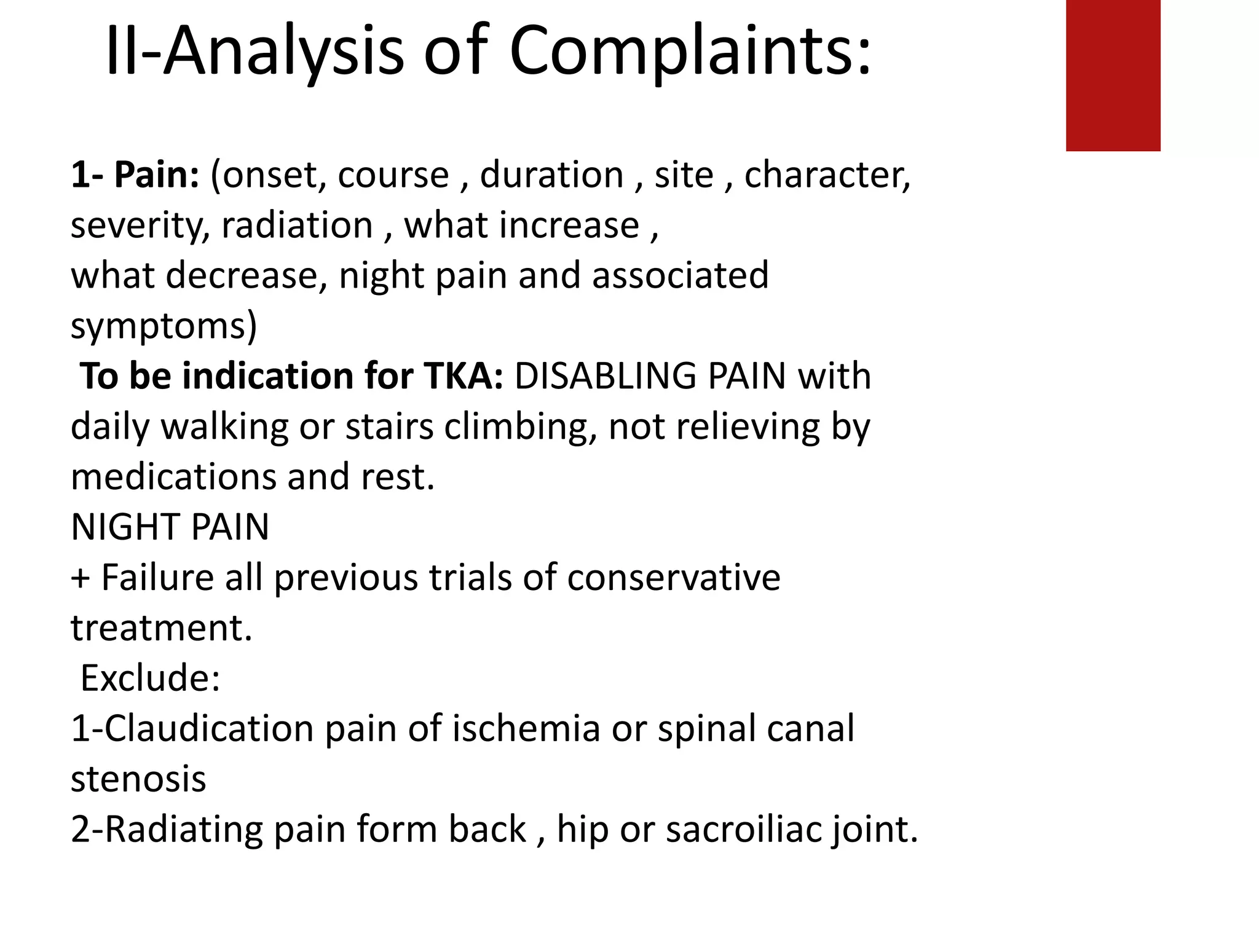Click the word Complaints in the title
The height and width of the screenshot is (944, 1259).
click(x=690, y=52)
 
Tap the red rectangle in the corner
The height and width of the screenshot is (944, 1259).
click(x=1113, y=75)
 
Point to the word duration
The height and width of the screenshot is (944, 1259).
click(x=551, y=175)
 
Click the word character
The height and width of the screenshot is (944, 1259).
click(x=827, y=175)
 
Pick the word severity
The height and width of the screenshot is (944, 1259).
click(x=140, y=226)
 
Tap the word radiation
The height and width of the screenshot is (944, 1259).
click(x=298, y=226)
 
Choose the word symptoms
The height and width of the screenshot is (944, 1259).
click(x=164, y=326)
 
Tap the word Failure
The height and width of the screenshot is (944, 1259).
click(x=157, y=578)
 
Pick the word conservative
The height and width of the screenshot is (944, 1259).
click(x=673, y=578)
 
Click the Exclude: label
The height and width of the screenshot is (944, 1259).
click(x=150, y=678)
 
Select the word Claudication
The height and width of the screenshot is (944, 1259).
click(x=209, y=729)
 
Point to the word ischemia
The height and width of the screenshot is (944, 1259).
click(x=526, y=729)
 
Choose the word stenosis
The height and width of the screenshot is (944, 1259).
click(x=138, y=779)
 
